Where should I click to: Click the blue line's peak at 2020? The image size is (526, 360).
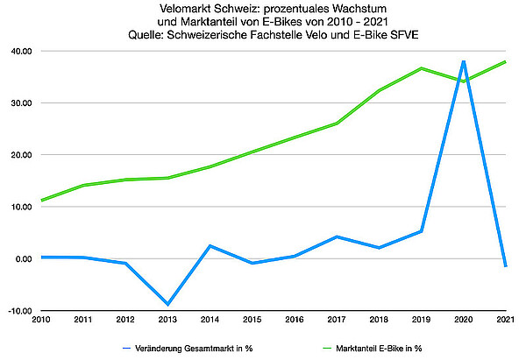click(x=463, y=61)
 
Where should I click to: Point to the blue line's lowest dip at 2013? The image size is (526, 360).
click(x=167, y=304)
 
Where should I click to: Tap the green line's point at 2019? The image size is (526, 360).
click(x=421, y=68)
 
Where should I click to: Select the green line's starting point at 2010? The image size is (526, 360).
click(x=42, y=201)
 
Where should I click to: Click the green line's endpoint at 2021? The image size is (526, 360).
click(x=506, y=62)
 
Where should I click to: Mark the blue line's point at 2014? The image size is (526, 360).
click(x=210, y=246)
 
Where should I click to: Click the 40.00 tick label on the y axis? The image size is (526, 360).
click(x=21, y=52)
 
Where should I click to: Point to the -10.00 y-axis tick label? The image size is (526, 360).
click(x=20, y=311)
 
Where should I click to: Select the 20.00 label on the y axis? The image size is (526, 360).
click(x=21, y=155)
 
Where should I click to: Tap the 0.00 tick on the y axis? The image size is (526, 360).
click(x=24, y=259)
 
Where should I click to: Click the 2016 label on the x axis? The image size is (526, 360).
click(x=294, y=321)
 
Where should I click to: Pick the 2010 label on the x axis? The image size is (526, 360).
click(x=41, y=321)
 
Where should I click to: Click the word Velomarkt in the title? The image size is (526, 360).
click(x=166, y=7)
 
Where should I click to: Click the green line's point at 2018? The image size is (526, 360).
click(x=379, y=90)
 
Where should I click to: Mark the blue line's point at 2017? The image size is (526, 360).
click(x=337, y=236)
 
